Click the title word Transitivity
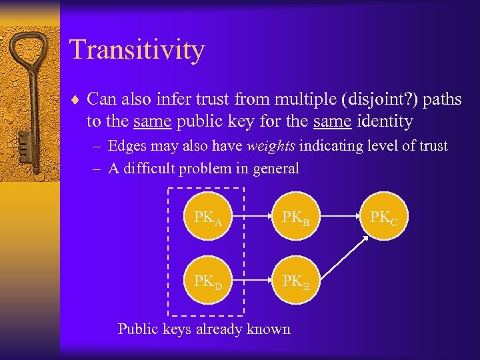[137, 50]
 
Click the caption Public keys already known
[204, 329]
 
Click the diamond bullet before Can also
[75, 101]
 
